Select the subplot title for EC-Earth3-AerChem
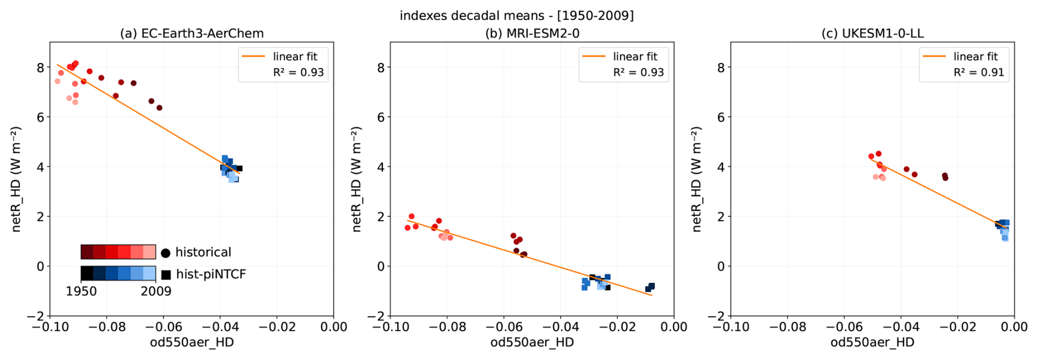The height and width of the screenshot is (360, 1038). (191, 33)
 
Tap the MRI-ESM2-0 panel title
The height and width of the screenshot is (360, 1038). (532, 33)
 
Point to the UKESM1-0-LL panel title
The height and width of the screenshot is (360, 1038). (872, 33)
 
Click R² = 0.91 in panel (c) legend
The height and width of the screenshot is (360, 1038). (979, 72)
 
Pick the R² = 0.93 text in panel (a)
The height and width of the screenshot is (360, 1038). (298, 72)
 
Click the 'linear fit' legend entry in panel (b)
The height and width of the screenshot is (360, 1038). (635, 57)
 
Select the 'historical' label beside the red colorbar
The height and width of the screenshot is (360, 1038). (203, 252)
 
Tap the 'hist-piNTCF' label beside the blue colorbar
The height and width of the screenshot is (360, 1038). (211, 274)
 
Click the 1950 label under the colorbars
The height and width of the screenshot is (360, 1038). (81, 291)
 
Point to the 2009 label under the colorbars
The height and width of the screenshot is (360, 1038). (156, 291)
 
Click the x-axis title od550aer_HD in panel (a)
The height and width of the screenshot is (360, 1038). (191, 342)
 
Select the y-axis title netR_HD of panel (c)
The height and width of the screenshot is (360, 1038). (697, 179)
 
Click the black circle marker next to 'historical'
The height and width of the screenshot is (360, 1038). (165, 253)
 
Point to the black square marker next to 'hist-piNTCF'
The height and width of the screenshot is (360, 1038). (166, 274)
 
